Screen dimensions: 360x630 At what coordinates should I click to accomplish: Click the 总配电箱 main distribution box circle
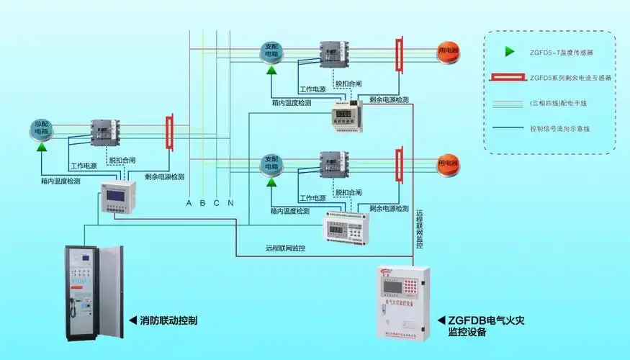coord(42,128)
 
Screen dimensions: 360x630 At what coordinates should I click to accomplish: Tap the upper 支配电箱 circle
coord(271,50)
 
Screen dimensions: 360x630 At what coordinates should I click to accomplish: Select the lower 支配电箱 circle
coord(271,163)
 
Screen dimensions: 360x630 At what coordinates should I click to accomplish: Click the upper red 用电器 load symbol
coord(449,50)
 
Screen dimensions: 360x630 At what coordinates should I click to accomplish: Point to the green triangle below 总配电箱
coord(42,147)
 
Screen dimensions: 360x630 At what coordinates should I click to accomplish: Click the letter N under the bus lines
coord(230,203)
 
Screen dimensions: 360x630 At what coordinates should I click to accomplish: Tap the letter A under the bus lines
coord(189,203)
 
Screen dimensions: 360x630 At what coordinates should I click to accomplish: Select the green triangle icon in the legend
coord(510,51)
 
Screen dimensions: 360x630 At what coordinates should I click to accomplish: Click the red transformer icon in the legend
coord(509,77)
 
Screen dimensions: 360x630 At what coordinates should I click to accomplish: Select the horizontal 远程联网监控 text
coord(285,248)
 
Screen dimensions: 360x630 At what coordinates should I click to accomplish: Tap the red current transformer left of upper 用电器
coord(398,55)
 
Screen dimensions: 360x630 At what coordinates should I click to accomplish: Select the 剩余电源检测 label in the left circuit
coord(164,176)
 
